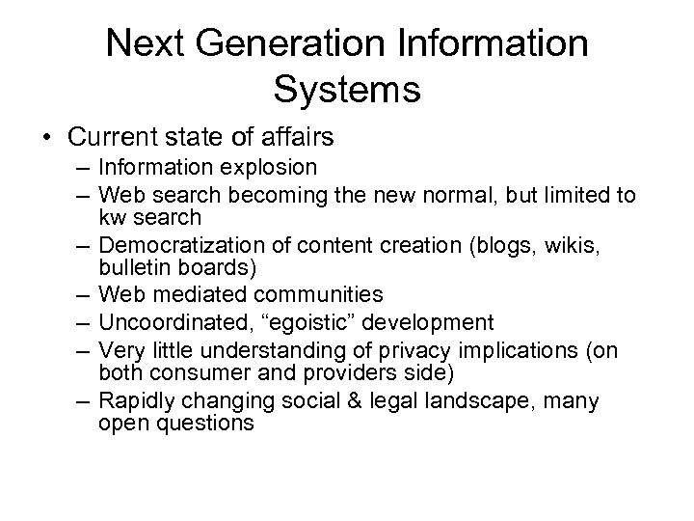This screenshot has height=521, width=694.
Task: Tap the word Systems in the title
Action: click(347, 89)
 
